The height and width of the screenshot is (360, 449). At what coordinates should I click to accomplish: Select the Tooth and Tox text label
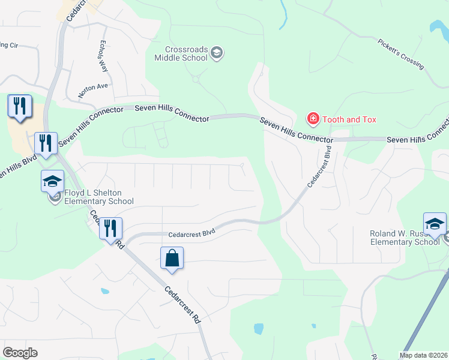click(349, 119)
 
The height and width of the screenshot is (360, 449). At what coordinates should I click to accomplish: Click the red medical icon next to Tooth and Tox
click(312, 119)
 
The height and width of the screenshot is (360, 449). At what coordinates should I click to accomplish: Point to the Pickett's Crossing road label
click(402, 54)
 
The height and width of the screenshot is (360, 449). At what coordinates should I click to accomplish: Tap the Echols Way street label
click(103, 57)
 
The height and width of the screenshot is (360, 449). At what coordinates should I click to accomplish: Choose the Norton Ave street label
click(92, 91)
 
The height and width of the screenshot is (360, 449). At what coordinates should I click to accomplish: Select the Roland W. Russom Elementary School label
click(400, 238)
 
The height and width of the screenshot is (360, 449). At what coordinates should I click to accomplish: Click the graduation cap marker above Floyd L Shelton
click(53, 181)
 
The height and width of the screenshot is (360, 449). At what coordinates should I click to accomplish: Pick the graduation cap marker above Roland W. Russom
click(435, 224)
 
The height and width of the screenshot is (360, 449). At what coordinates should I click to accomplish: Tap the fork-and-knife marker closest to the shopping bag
click(110, 229)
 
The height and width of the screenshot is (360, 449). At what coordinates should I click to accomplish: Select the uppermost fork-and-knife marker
click(19, 107)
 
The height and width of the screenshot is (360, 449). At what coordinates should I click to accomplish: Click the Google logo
click(20, 352)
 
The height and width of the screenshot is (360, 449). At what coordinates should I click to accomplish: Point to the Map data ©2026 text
click(423, 355)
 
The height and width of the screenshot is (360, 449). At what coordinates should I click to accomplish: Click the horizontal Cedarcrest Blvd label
click(191, 231)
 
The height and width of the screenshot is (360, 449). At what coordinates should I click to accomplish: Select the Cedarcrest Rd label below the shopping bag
click(182, 305)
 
